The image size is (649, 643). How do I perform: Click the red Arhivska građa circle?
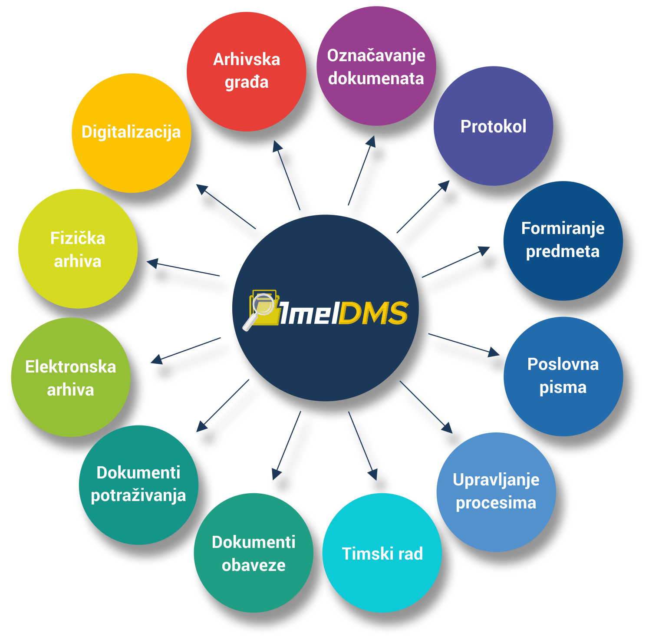pos(246,72)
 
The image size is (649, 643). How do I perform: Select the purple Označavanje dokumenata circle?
pos(376,66)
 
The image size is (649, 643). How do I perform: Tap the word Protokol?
pos(493,127)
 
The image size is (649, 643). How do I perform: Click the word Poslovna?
pos(563,364)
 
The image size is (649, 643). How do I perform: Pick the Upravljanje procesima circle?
pos(496,492)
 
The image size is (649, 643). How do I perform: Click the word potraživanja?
pos(138,495)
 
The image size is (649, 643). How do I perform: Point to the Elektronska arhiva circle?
pos(71,377)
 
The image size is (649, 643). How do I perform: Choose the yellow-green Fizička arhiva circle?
pos(78,249)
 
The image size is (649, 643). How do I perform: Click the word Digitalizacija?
pos(131,132)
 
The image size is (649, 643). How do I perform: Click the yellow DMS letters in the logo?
pos(373,313)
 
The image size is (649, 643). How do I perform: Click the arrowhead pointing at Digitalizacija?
pos(202,189)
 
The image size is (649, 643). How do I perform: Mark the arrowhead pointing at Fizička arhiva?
pos(152,263)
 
